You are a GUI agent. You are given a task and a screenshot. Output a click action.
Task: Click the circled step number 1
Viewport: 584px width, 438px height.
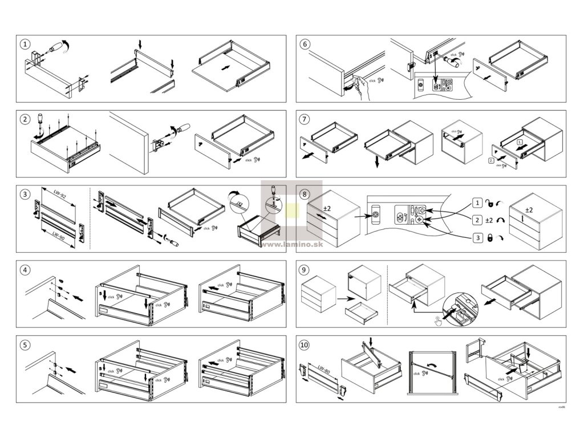[x=25, y=44]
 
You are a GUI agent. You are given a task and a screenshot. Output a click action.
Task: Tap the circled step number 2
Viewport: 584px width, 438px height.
[x=25, y=119]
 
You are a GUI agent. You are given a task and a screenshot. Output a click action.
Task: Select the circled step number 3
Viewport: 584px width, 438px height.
[x=25, y=194]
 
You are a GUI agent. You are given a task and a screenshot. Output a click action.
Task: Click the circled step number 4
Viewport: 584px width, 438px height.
[x=25, y=269]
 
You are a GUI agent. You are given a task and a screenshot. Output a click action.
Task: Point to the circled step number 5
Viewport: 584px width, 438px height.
[x=25, y=344]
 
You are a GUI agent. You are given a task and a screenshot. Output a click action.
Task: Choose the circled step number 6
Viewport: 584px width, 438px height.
[x=305, y=44]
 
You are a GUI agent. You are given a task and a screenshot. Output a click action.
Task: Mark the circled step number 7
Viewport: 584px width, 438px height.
[x=305, y=119]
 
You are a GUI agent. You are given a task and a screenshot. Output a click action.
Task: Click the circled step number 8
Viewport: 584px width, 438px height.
[x=305, y=194]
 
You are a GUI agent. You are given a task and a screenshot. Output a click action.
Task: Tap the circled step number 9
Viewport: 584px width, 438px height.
[x=305, y=269]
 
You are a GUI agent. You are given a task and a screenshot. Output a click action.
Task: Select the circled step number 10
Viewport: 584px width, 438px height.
[x=305, y=344]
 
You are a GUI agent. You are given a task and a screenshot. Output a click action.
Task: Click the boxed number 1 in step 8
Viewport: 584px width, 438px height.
[x=477, y=202]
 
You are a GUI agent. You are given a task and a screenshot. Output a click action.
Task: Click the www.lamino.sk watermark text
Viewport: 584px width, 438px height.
[x=292, y=244]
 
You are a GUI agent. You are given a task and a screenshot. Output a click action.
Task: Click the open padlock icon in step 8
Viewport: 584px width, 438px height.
[x=489, y=202]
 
